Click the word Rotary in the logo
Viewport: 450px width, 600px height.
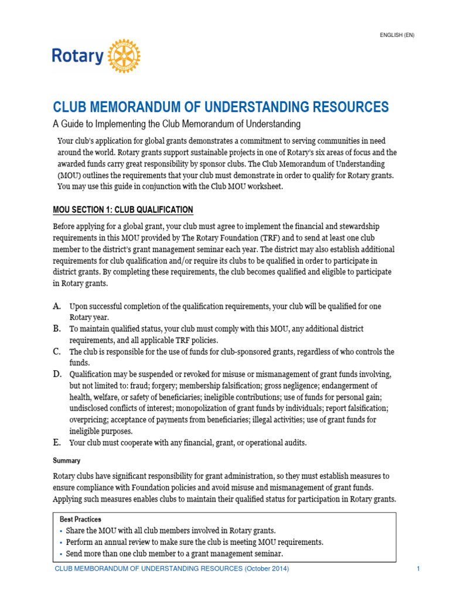[77, 57]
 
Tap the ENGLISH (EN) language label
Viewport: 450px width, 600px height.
[397, 35]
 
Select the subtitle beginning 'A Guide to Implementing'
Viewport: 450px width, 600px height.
[176, 124]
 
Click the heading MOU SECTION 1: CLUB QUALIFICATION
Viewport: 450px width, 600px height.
[122, 210]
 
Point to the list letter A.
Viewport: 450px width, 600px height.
[57, 306]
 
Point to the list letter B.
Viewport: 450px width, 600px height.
[57, 329]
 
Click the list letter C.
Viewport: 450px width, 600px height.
[57, 352]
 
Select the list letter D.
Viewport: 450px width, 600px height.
[57, 374]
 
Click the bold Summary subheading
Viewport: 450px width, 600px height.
[66, 461]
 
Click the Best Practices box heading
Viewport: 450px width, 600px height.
[80, 519]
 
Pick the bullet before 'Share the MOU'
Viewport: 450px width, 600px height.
[62, 531]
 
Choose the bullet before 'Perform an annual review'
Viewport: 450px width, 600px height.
[62, 543]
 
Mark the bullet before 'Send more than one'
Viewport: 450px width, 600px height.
[62, 554]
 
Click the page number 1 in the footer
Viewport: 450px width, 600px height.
[418, 569]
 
